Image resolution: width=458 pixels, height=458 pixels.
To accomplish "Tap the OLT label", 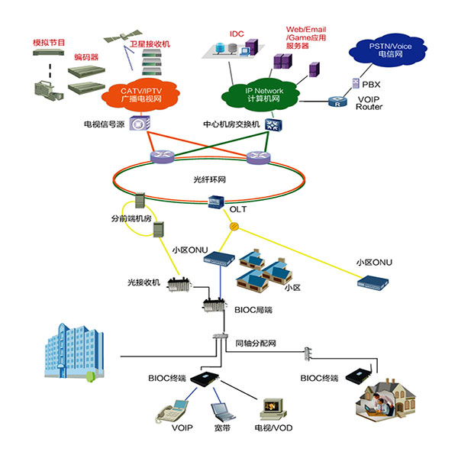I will [x=237, y=207].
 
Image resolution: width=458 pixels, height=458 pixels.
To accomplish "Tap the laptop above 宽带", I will [x=221, y=413].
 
